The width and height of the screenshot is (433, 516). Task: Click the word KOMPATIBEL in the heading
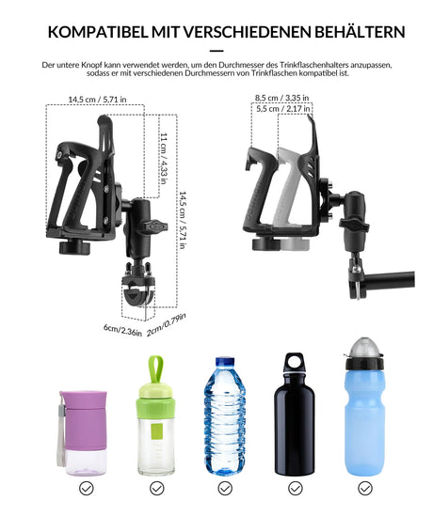(98, 32)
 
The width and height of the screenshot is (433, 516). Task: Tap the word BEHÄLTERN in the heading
(360, 31)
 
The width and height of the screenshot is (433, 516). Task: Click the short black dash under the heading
(216, 51)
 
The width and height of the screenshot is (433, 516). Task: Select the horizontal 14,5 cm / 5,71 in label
(98, 100)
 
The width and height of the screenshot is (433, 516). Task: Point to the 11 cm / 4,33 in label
(164, 159)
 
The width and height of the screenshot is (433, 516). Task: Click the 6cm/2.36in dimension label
(122, 330)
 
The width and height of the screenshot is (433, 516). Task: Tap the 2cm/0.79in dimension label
(166, 325)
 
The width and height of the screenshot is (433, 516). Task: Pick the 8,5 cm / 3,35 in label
(281, 98)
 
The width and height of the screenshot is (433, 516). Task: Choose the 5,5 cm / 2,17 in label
(283, 109)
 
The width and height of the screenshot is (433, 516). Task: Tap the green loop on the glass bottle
(155, 369)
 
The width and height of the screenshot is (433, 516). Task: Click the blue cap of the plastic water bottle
(225, 362)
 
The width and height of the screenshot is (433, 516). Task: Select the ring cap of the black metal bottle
(295, 361)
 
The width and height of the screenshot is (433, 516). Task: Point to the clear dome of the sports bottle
(364, 348)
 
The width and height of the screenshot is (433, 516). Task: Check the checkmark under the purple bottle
(87, 488)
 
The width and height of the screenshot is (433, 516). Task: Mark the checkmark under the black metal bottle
(296, 488)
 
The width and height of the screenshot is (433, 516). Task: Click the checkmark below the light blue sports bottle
(365, 488)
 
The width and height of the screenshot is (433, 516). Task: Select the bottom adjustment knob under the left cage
(74, 247)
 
